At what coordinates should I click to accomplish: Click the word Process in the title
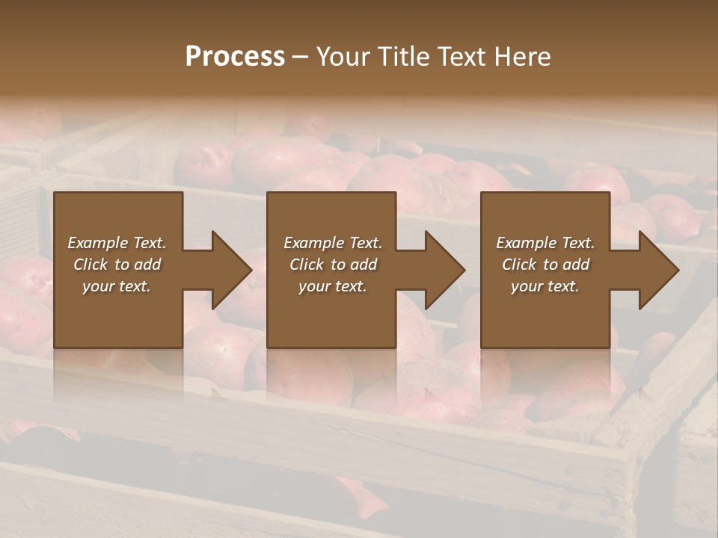click(x=235, y=57)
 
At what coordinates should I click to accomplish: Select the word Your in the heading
click(x=341, y=57)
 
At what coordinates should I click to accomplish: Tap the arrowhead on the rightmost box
click(x=657, y=270)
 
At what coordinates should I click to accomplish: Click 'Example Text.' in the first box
click(x=117, y=243)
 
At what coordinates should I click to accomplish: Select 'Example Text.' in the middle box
click(x=333, y=243)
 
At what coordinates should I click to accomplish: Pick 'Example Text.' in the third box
click(x=545, y=243)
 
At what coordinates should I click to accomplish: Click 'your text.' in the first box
click(x=117, y=286)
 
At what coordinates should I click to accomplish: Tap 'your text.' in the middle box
click(x=333, y=286)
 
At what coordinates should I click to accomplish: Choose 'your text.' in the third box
click(x=545, y=286)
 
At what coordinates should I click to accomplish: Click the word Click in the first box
click(x=90, y=265)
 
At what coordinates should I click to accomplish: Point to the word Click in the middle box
click(x=307, y=265)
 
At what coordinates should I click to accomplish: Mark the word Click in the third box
click(x=519, y=265)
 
